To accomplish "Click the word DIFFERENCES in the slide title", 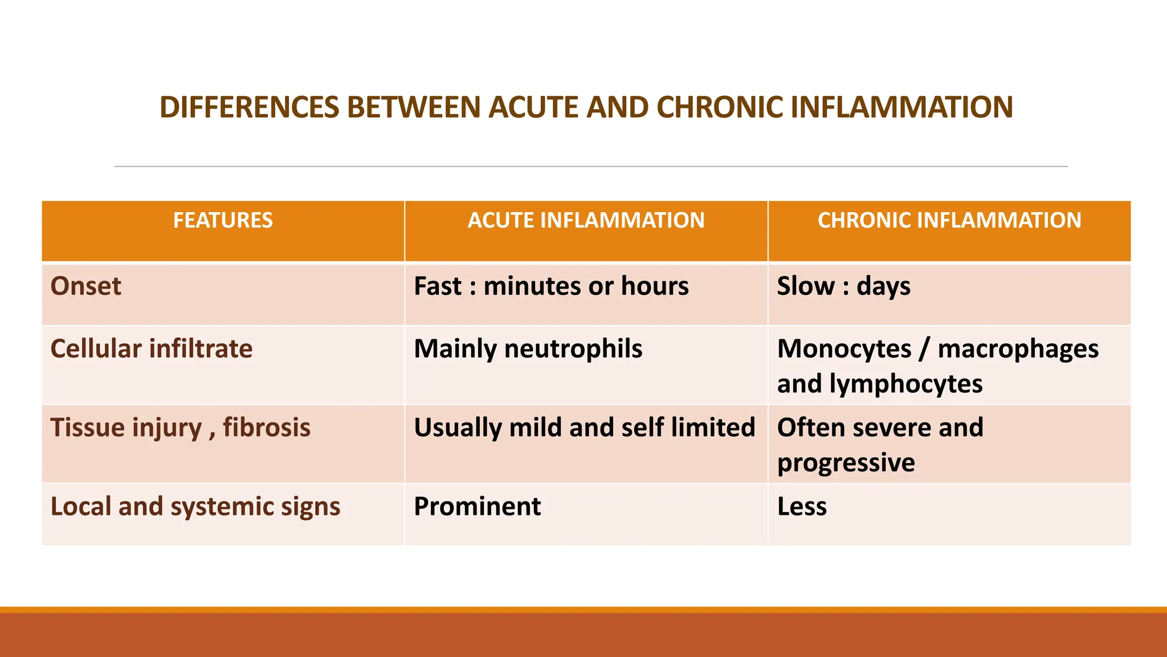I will coord(249,107).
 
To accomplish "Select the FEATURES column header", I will coord(223,220).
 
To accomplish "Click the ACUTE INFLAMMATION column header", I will coord(586,220).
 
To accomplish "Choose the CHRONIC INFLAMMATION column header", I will coord(949,220).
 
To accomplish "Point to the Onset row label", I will coord(85,286).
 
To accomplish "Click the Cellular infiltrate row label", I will coord(151,349).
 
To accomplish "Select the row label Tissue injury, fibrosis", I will coord(180,428).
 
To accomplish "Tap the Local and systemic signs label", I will coord(195,506).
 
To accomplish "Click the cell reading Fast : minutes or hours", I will coord(551,286).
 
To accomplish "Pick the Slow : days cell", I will coord(843,286).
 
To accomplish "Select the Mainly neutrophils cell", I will coord(528,349).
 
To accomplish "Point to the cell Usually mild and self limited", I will coord(584,428).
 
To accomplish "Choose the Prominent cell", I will coord(477,506).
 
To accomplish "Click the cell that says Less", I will coord(802,506).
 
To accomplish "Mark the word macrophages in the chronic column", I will coord(1018,349).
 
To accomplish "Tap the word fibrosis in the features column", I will coord(267,428).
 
